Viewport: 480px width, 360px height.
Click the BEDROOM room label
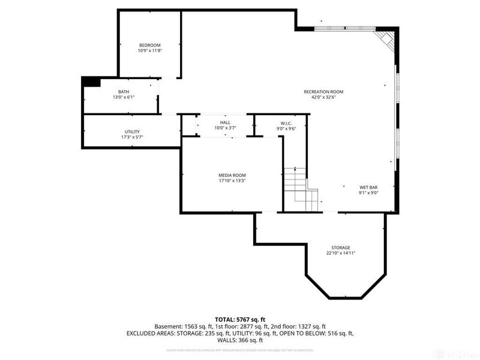coord(150,46)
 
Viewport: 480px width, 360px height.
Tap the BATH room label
coord(124,92)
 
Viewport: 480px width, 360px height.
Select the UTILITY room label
coord(132,131)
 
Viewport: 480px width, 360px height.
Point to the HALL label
coord(225,122)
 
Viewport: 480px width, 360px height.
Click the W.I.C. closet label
coord(286,122)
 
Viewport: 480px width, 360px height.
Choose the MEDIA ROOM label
coord(232,175)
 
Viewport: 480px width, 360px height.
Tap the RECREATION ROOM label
coord(323,92)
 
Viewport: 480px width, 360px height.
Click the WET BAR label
coord(368,187)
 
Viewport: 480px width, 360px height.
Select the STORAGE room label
coord(341,248)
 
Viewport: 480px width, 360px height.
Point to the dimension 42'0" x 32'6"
coord(323,97)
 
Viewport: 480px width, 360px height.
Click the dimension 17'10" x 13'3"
coord(232,181)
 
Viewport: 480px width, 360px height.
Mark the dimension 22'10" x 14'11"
coord(341,253)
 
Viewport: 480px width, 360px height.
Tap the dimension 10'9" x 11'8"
coord(150,51)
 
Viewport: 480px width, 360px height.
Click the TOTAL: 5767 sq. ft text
coord(240,319)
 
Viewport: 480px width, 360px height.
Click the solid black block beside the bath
coord(91,82)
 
